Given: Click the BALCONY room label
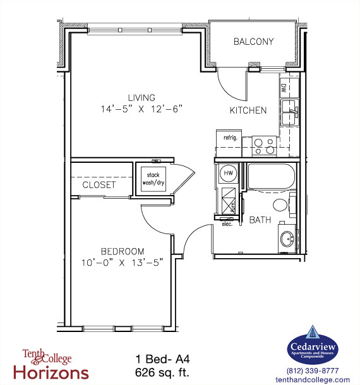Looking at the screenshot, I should pyautogui.click(x=253, y=42).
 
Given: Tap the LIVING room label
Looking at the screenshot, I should pyautogui.click(x=141, y=97).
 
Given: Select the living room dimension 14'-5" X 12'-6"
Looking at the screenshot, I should pyautogui.click(x=141, y=109).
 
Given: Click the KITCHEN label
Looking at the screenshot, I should pyautogui.click(x=248, y=110).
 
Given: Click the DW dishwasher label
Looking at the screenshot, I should pyautogui.click(x=284, y=88).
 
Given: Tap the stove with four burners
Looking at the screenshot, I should pyautogui.click(x=263, y=146).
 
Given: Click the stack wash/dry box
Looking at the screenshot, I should pyautogui.click(x=153, y=179).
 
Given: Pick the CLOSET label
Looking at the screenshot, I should pyautogui.click(x=99, y=185).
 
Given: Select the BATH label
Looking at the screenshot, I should pyautogui.click(x=260, y=220).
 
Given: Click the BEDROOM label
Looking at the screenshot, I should pyautogui.click(x=123, y=251).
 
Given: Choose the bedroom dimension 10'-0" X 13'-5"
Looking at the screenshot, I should pyautogui.click(x=123, y=262).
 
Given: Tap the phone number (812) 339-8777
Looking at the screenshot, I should pyautogui.click(x=313, y=370).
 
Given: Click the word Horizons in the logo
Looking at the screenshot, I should pyautogui.click(x=56, y=372).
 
